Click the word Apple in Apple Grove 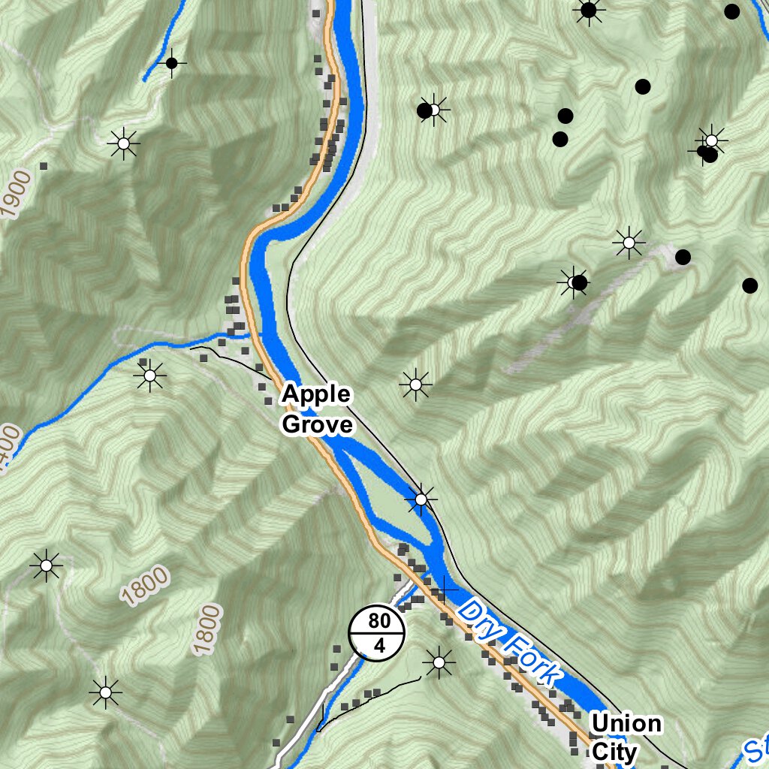316,394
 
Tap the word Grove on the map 317,425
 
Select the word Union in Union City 626,724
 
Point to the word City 614,752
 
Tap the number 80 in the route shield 378,621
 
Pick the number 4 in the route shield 378,645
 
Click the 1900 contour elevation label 18,194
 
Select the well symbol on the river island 421,499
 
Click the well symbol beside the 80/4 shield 439,662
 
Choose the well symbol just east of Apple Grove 415,384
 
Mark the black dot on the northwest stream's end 171,63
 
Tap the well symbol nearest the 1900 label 123,142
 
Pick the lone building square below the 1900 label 44,165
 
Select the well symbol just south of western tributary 149,375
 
